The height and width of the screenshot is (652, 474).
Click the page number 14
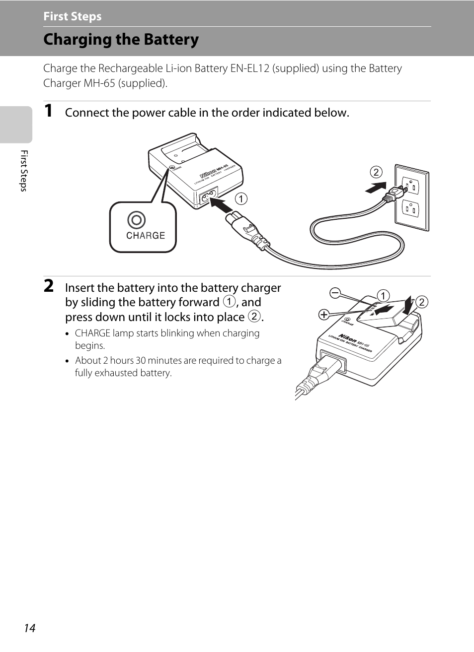(29, 628)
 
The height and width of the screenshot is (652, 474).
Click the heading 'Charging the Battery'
(121, 39)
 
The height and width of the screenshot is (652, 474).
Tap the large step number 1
(48, 111)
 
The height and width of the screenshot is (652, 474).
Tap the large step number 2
(48, 286)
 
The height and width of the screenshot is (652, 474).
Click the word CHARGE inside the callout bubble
(145, 236)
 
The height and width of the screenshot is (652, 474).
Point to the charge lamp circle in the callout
(136, 220)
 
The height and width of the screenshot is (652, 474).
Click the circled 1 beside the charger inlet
(241, 199)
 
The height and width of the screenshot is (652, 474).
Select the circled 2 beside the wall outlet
(376, 172)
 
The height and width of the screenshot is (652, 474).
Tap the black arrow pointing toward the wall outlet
(376, 188)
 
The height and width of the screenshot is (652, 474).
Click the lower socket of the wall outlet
(410, 208)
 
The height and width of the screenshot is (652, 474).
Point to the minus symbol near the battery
(335, 293)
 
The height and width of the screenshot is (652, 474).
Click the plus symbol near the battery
(324, 315)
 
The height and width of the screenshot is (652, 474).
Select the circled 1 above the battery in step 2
(383, 296)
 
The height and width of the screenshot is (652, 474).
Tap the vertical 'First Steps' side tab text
(23, 170)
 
